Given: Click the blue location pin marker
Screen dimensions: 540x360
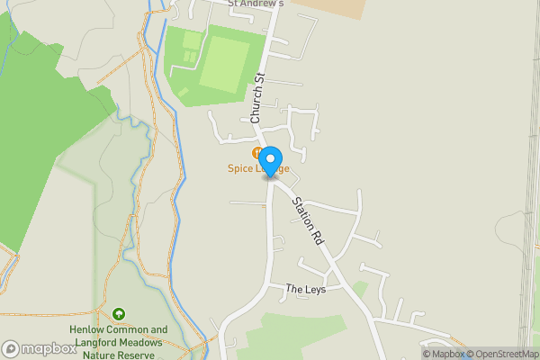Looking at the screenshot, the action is click(271, 163).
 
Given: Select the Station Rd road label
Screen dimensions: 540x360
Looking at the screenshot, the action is click(307, 223).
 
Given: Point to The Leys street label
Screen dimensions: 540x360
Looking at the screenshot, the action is click(305, 290).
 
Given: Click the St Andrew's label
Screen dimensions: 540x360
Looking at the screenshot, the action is click(256, 4).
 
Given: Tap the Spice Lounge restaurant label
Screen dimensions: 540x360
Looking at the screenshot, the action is click(257, 168).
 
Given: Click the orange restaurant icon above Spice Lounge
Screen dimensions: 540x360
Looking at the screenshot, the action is click(258, 154).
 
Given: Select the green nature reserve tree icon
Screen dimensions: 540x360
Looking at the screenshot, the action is click(119, 314).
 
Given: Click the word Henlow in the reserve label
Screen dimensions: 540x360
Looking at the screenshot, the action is click(87, 329).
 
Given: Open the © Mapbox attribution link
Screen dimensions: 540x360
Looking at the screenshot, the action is click(443, 354).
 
